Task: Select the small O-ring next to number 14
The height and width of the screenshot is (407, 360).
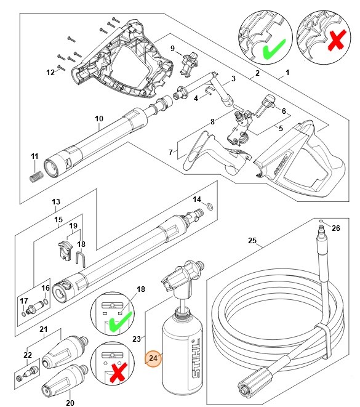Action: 210,207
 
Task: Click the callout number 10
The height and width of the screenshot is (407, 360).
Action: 98,118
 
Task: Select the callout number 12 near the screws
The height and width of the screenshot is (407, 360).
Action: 51,72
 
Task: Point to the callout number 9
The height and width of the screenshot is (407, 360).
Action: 173,48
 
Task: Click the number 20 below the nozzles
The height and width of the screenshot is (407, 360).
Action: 70,403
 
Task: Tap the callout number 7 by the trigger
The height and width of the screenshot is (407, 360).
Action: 171,151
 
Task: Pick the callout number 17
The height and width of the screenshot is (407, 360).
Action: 24,300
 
